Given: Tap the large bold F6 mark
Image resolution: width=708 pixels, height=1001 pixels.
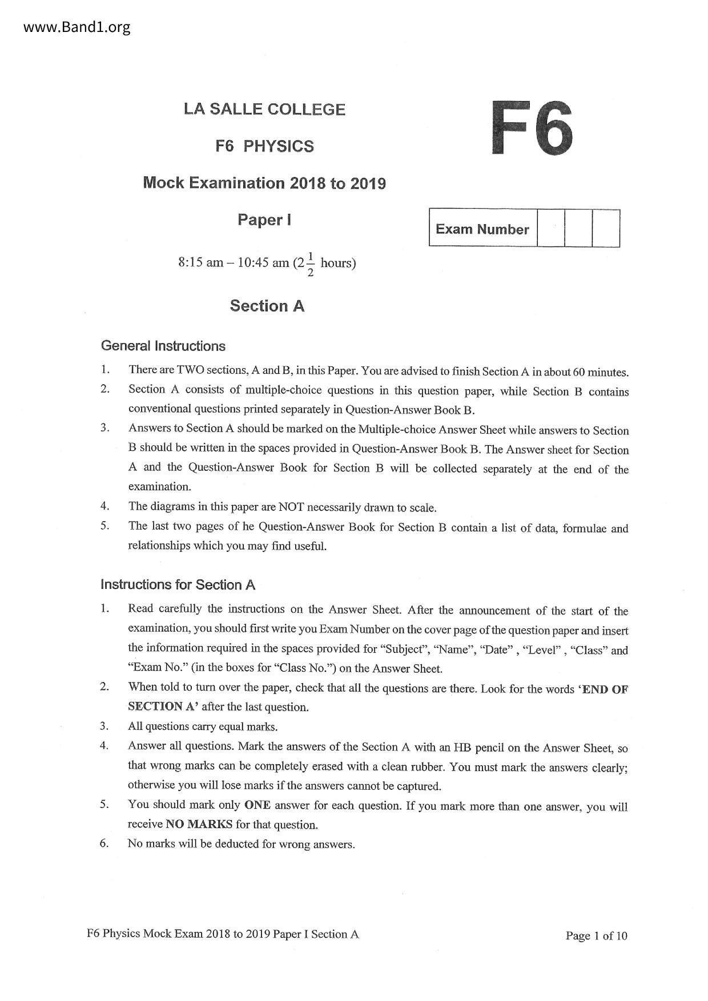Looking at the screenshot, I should point(532,128).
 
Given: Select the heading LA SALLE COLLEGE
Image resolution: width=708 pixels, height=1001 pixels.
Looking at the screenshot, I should point(264,110).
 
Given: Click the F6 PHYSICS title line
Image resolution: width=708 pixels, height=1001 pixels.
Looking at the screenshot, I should point(264,146).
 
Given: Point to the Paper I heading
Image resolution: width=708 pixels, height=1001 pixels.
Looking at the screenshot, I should point(264,220).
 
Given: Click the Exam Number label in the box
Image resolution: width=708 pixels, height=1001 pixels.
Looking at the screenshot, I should point(482,229).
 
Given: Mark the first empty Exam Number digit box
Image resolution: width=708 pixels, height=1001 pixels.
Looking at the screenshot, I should point(551,228).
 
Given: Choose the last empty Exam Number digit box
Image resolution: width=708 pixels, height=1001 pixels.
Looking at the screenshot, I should point(606,228).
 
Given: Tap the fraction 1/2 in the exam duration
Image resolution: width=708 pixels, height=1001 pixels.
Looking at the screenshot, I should point(310,264).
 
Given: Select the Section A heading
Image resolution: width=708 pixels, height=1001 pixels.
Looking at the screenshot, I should point(267,306).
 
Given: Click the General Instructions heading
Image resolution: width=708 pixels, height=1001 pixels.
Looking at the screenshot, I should point(163,346).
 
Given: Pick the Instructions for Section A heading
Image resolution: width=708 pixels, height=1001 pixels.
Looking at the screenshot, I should point(178,584).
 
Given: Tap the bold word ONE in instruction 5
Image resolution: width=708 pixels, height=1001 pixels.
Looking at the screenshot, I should point(257,805).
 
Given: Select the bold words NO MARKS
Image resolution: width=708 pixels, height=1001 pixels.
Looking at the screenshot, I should point(199,824).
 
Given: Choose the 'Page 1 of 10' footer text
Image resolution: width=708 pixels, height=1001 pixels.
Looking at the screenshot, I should point(596,935).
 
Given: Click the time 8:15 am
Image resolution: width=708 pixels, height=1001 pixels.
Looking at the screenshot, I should point(200,263).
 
